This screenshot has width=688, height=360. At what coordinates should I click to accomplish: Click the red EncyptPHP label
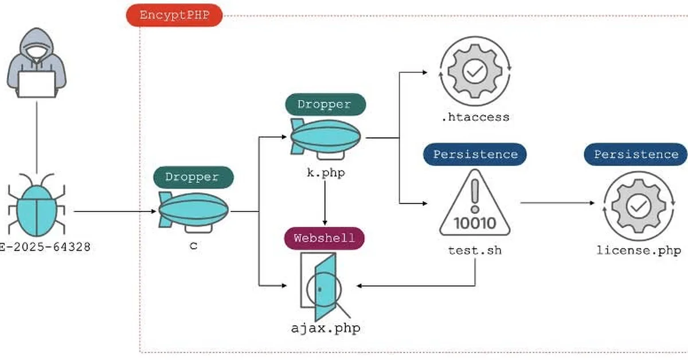[x=174, y=15]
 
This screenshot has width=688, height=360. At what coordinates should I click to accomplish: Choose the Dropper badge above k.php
[x=325, y=104]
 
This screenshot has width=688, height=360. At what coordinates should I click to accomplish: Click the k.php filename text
[x=325, y=173]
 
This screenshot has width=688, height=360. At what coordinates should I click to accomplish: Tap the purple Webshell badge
[x=325, y=237]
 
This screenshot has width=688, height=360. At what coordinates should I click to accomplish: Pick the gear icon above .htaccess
[x=475, y=72]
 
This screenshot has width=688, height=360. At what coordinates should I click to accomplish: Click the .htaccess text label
[x=475, y=117]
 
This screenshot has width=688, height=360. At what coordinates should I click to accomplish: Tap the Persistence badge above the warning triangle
[x=475, y=154]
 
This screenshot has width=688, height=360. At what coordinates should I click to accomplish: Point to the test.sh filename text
[x=475, y=251]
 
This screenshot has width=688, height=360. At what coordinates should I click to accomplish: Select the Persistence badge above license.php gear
[x=636, y=154]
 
